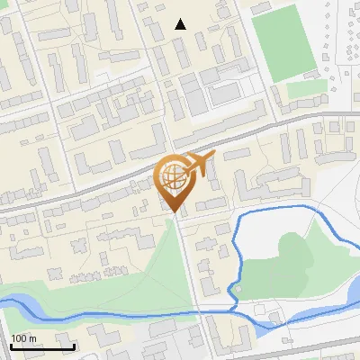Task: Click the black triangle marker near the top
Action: click(181, 24)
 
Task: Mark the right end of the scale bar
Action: click(74, 346)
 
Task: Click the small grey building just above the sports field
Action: click(261, 8)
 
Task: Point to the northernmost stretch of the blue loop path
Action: click(279, 210)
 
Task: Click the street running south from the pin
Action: click(190, 270)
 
